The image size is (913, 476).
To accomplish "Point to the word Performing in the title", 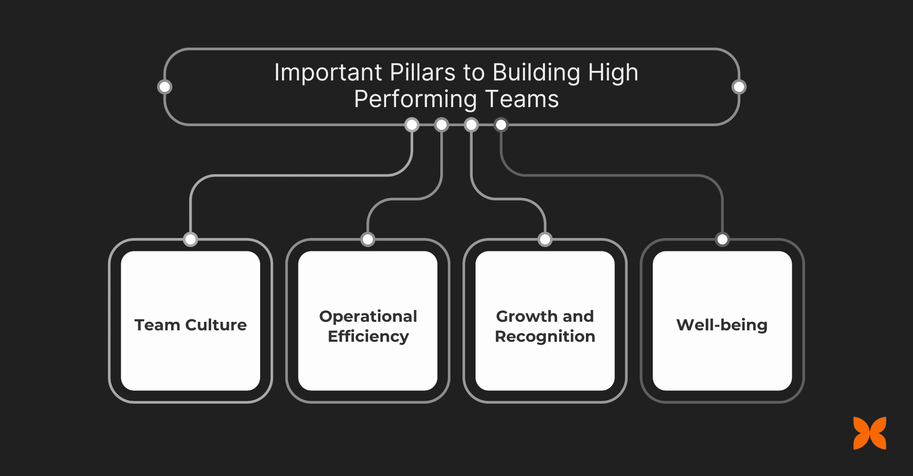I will click(x=415, y=99).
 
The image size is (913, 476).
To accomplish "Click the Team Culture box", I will click(x=191, y=320).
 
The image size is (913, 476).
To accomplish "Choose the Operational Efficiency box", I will click(x=368, y=320).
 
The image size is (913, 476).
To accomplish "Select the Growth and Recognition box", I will click(x=545, y=320).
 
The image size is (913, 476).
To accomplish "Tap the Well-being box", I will click(x=722, y=320).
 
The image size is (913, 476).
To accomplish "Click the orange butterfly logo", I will click(x=870, y=433).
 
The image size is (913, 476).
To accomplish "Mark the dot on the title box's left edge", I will click(x=165, y=87).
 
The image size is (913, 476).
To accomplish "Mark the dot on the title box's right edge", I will click(x=739, y=87).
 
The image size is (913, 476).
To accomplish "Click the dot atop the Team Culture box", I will click(x=191, y=239).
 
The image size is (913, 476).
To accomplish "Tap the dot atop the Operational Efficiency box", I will click(x=368, y=239).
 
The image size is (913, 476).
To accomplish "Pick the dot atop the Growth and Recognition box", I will click(x=545, y=239).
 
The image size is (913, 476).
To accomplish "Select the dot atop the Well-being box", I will click(x=722, y=239).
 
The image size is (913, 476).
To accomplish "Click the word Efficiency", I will click(x=368, y=337).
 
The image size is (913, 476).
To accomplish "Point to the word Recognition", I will click(x=545, y=337).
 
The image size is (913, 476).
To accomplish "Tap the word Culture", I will click(x=216, y=325).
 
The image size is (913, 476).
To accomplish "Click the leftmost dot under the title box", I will click(x=412, y=125).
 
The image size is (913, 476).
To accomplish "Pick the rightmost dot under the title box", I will click(x=501, y=125).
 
